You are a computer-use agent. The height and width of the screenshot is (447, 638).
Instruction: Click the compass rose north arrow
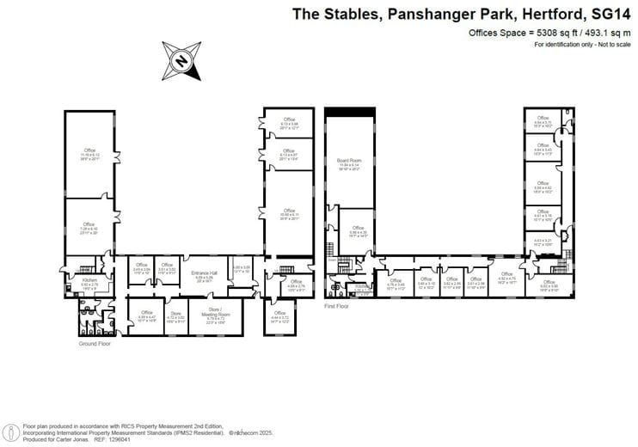(181, 60)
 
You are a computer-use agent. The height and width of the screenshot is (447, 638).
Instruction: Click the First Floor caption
(336, 305)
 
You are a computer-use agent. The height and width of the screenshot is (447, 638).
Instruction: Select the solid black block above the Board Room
(349, 113)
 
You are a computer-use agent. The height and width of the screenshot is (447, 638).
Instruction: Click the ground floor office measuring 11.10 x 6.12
(89, 154)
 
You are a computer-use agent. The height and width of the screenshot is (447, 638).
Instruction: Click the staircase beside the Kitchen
(85, 269)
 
